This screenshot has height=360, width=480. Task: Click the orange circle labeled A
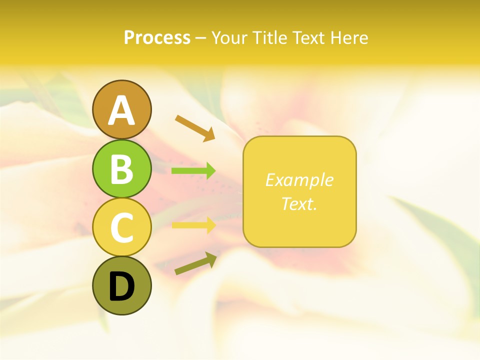tap(122, 109)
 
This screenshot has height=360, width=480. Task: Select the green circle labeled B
tap(122, 168)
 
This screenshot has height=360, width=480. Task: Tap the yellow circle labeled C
tap(122, 227)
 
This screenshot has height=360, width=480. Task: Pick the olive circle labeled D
tap(122, 285)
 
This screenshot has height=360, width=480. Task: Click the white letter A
tap(122, 110)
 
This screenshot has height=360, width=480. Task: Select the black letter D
tap(122, 286)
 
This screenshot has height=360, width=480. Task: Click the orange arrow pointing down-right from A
tap(195, 127)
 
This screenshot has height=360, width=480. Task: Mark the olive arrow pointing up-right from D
tap(195, 263)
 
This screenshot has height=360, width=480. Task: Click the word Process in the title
tap(157, 37)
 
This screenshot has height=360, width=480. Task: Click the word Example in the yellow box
tap(299, 180)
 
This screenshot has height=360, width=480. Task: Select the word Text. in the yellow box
tap(299, 203)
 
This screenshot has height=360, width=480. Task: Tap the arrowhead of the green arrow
tap(210, 171)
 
